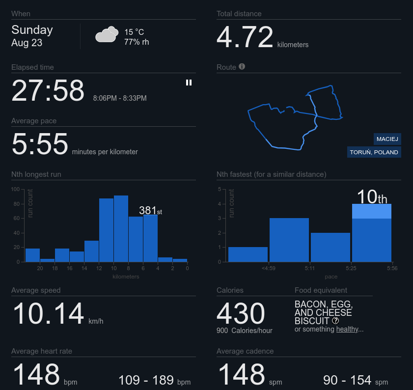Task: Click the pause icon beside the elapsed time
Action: click(189, 83)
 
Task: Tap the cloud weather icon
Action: click(107, 34)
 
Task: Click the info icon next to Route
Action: click(242, 66)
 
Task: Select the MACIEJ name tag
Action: click(387, 139)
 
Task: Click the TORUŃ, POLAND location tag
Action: click(374, 152)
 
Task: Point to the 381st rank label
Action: click(150, 210)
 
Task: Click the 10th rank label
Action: click(372, 197)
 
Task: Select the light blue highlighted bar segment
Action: click(372, 211)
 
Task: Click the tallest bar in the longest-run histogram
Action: click(121, 229)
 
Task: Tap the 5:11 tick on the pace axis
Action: click(310, 268)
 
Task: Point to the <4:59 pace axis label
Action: click(269, 268)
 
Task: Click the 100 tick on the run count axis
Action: click(15, 189)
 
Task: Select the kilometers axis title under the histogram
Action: click(126, 277)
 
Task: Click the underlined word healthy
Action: click(347, 329)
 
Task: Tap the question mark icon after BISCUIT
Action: click(335, 321)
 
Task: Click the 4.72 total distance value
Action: click(245, 37)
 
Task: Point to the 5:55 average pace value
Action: click(40, 144)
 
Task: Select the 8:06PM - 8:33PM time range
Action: click(120, 98)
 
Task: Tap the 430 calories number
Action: click(241, 313)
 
